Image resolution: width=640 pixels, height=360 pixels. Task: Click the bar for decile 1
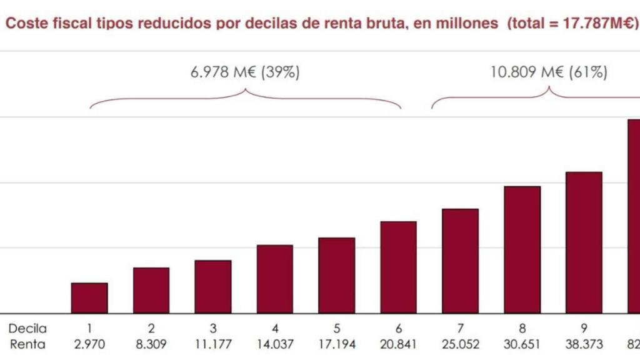click(x=89, y=298)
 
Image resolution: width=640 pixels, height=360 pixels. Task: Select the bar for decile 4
click(x=274, y=279)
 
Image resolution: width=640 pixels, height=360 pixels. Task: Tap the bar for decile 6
click(x=398, y=267)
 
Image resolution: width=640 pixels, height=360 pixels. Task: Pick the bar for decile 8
click(x=522, y=249)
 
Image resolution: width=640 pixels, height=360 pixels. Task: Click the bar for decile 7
click(x=460, y=261)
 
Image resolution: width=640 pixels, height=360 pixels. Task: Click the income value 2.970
click(x=89, y=344)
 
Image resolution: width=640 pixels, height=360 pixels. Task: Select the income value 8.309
click(x=151, y=344)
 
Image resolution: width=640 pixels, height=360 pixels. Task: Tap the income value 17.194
click(x=336, y=344)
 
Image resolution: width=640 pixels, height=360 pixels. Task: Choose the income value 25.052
click(x=460, y=344)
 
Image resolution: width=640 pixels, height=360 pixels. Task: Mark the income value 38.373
click(x=584, y=344)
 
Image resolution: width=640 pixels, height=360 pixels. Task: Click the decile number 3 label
click(x=213, y=328)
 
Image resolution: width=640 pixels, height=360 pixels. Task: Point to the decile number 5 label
click(x=336, y=328)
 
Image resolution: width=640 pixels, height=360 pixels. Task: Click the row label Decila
click(x=27, y=328)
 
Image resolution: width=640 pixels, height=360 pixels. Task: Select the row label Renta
click(x=27, y=344)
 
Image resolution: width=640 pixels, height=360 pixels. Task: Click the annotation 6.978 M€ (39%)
click(x=245, y=72)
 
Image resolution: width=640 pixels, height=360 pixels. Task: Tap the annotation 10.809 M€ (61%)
click(x=549, y=72)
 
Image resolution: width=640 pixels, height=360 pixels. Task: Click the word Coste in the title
click(x=24, y=23)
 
